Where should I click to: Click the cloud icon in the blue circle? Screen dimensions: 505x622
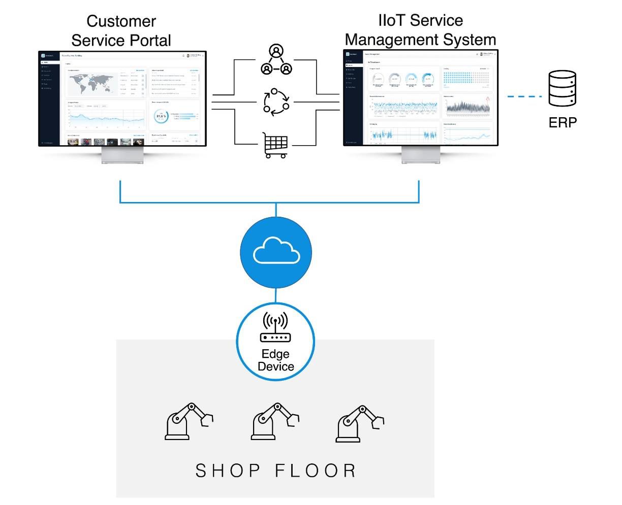pyautogui.click(x=276, y=252)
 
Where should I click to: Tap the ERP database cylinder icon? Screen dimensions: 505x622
pyautogui.click(x=563, y=88)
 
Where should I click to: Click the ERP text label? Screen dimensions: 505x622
pyautogui.click(x=563, y=122)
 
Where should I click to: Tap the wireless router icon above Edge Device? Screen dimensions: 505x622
pyautogui.click(x=275, y=327)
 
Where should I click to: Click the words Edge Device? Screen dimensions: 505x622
pyautogui.click(x=276, y=360)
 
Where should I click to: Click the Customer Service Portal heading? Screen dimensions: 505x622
pyautogui.click(x=121, y=30)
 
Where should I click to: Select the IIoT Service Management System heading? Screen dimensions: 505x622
pyautogui.click(x=420, y=30)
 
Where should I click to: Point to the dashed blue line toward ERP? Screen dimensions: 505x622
pyautogui.click(x=524, y=96)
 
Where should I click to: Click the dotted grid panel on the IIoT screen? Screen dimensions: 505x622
pyautogui.click(x=465, y=78)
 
